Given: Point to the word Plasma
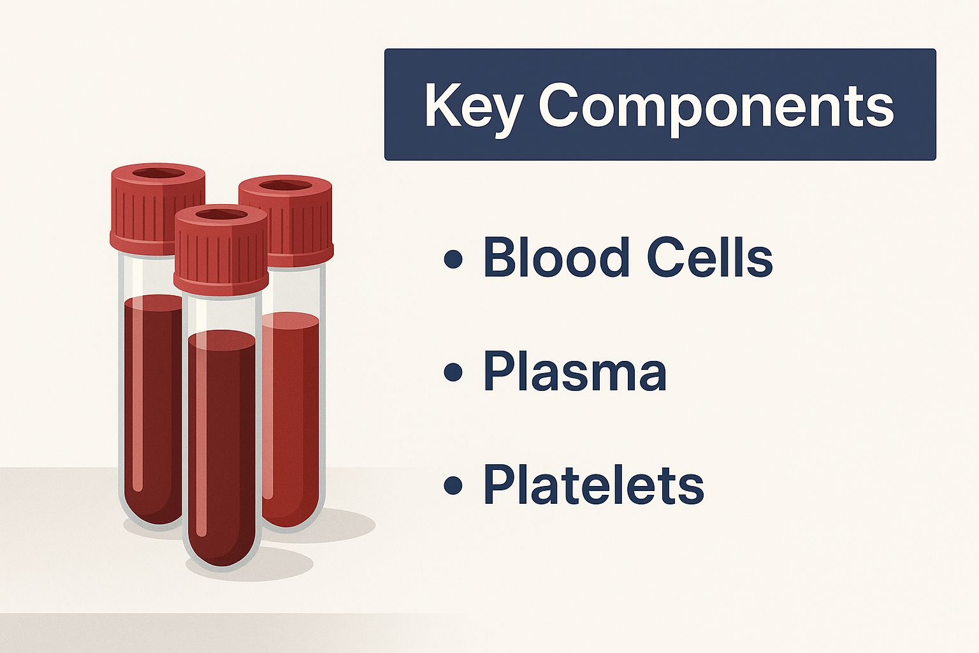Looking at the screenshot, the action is tap(575, 372).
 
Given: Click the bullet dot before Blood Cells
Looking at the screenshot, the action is tap(453, 259).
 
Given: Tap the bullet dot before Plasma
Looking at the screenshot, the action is tap(453, 372).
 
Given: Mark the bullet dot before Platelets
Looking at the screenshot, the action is tap(453, 486).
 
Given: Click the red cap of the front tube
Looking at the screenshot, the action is tap(221, 249).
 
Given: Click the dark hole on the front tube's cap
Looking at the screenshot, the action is tap(221, 215).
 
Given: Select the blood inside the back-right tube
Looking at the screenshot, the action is tap(291, 420).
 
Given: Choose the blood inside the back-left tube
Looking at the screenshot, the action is tap(153, 407).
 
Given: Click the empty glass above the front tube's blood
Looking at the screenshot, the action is tap(222, 312).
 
